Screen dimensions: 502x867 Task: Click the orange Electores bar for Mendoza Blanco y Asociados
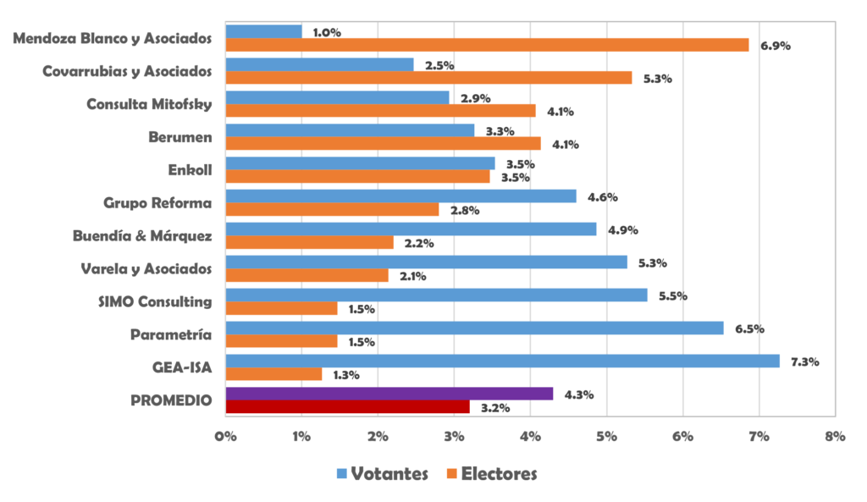(487, 45)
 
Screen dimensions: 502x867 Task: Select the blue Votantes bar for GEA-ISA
(502, 361)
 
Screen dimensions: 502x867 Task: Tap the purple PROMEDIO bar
(389, 394)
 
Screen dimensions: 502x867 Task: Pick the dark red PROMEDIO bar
(347, 407)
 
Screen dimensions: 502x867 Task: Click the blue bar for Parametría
(474, 328)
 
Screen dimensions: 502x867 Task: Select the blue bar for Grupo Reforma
(400, 196)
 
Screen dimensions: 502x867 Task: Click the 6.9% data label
(776, 46)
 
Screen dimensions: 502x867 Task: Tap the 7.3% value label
(805, 362)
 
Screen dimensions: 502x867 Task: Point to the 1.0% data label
(327, 32)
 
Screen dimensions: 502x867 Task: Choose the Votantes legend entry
(382, 473)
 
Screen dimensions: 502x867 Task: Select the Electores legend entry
(491, 473)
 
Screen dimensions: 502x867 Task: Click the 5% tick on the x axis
(606, 437)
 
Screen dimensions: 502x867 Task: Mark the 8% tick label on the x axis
(835, 437)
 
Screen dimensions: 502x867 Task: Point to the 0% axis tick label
(226, 437)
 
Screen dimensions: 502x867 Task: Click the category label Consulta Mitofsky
(149, 104)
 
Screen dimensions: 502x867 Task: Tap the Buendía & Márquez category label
(142, 236)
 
